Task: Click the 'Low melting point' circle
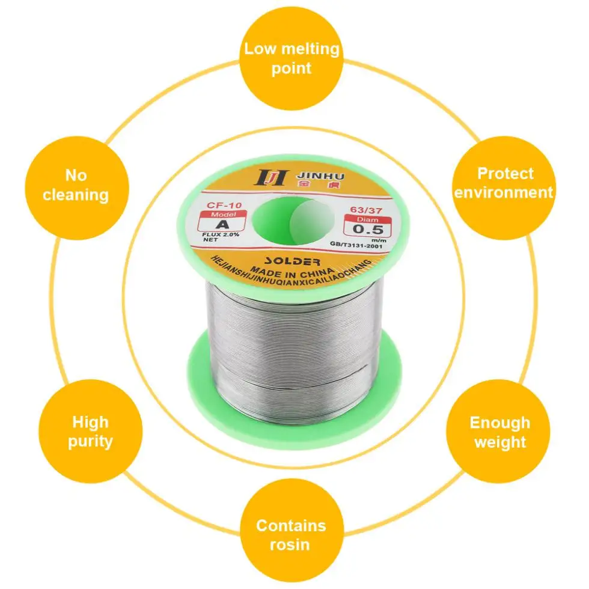point(291,58)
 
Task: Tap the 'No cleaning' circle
point(75,185)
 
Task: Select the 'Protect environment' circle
point(504,183)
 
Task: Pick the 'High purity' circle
point(90,432)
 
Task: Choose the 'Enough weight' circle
point(499,432)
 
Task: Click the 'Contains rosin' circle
point(291,535)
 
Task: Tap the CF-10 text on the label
point(220,205)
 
